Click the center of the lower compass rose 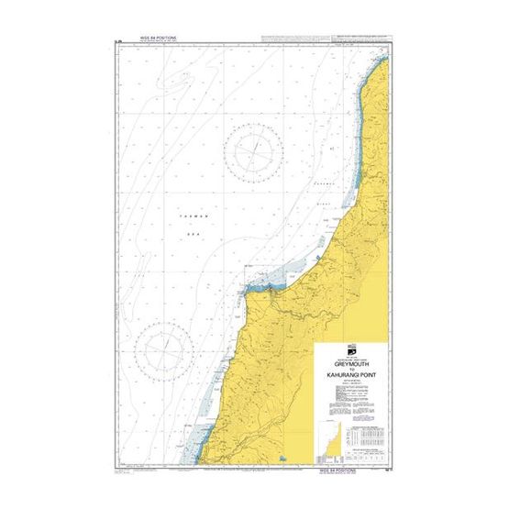[164, 352]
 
